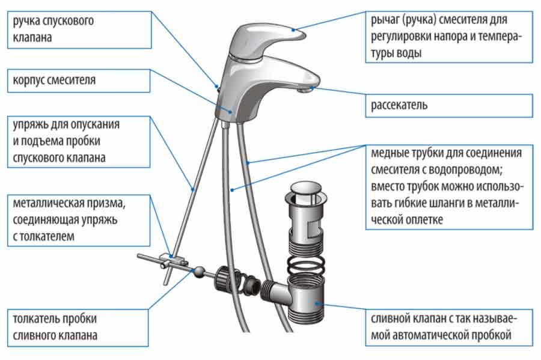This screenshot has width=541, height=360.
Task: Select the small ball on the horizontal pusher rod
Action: click(197, 271)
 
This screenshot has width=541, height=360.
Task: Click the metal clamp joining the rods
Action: click(171, 261)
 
